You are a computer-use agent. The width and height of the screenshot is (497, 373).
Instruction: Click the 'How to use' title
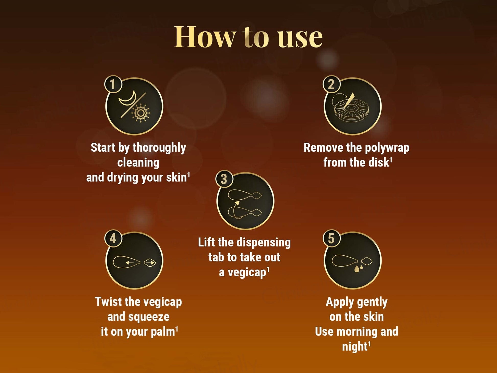point(248,37)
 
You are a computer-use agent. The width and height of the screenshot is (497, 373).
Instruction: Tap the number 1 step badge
point(113,84)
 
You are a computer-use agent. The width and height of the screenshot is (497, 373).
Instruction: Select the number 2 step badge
point(331,84)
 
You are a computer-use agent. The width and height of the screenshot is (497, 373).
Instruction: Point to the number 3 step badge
point(224,179)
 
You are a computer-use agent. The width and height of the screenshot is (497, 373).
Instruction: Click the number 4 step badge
point(113,239)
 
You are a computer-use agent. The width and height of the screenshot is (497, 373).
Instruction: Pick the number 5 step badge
point(331,239)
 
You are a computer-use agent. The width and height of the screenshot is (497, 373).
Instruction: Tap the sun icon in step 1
point(140,113)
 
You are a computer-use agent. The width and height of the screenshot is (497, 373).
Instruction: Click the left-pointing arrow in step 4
point(130,263)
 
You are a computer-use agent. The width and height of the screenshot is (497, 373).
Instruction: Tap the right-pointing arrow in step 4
point(150,263)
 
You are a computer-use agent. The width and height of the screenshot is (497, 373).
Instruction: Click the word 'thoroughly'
point(159,148)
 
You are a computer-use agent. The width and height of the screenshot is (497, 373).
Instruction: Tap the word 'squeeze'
point(149,317)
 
